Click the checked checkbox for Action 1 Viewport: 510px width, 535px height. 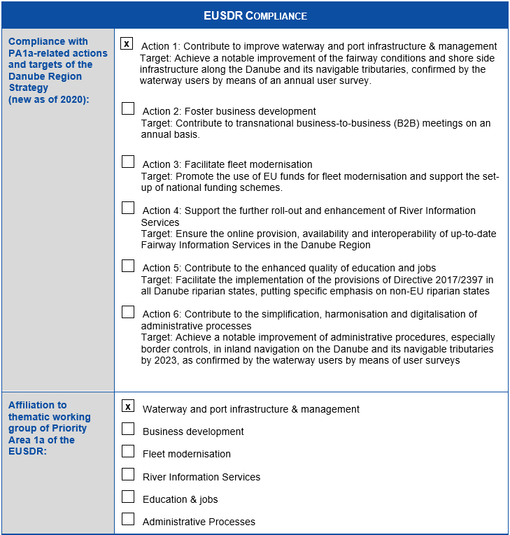point(127,43)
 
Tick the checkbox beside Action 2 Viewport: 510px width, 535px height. point(128,108)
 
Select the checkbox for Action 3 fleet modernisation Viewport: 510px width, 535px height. point(128,162)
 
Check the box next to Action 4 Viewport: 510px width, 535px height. point(128,208)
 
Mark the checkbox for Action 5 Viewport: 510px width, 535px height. point(128,266)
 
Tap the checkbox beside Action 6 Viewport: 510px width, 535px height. point(128,312)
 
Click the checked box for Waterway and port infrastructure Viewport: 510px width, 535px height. point(128,406)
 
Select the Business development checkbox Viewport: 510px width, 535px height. point(128,429)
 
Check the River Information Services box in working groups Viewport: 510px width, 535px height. point(128,474)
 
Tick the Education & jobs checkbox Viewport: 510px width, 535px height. point(128,497)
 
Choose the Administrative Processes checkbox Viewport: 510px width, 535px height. point(128,519)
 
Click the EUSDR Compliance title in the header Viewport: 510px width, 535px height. point(255,15)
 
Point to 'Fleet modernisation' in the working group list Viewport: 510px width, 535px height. point(186,454)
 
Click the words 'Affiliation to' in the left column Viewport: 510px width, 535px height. point(38,405)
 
